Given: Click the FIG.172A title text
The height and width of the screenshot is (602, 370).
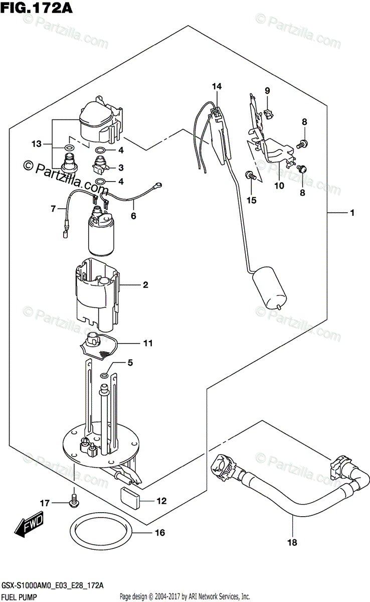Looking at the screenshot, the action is tap(37, 8).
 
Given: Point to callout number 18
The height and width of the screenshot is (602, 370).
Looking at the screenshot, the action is tap(292, 542).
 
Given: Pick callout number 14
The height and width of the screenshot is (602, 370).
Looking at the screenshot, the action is tap(217, 86).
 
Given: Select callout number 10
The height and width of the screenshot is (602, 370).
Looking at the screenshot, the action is tap(279, 186).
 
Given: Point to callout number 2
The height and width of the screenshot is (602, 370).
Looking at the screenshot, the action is tap(145, 284).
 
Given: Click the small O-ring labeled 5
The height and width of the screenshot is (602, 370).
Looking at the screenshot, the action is tap(104, 375).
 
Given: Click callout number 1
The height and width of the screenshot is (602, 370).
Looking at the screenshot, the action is tap(352, 213).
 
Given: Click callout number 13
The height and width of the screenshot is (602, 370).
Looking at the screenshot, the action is tap(37, 144).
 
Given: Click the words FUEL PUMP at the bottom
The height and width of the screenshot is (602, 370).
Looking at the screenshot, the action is tap(19, 597).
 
